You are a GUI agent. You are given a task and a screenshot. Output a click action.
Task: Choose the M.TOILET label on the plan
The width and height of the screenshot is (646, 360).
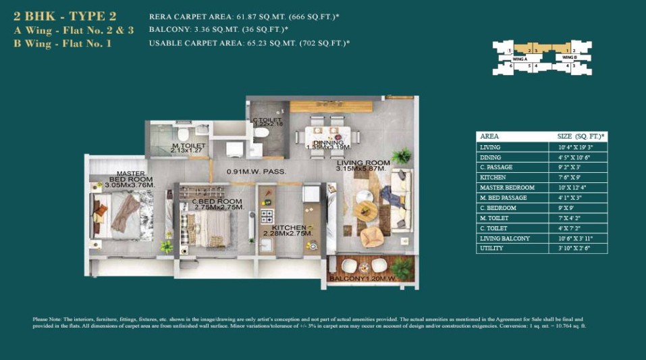click(188, 147)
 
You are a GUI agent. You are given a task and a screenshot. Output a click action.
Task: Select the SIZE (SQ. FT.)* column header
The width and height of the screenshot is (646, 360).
click(580, 136)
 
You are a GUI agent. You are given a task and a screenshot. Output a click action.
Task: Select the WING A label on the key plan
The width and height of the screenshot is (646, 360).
click(520, 59)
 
